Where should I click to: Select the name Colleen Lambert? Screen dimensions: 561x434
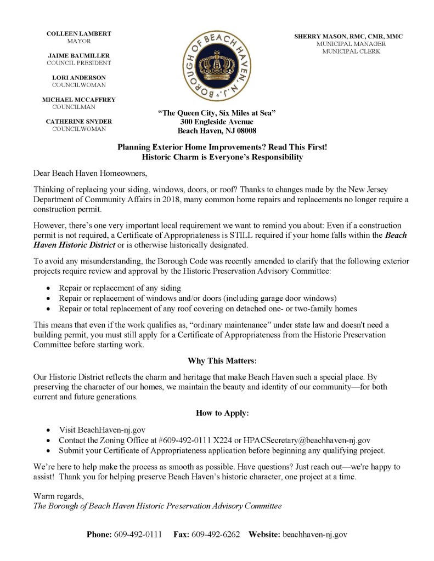(x=79, y=34)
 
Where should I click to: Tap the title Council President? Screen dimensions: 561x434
(x=78, y=63)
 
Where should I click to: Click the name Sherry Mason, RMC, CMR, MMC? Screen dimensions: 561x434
(x=348, y=36)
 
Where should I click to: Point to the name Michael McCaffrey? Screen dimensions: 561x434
(x=79, y=100)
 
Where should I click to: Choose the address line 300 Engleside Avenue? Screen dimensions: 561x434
(x=217, y=122)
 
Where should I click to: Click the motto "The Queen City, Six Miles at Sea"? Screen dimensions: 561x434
(x=217, y=112)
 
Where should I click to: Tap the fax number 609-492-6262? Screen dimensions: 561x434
(x=216, y=534)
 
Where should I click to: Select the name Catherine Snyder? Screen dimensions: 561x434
(x=79, y=122)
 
